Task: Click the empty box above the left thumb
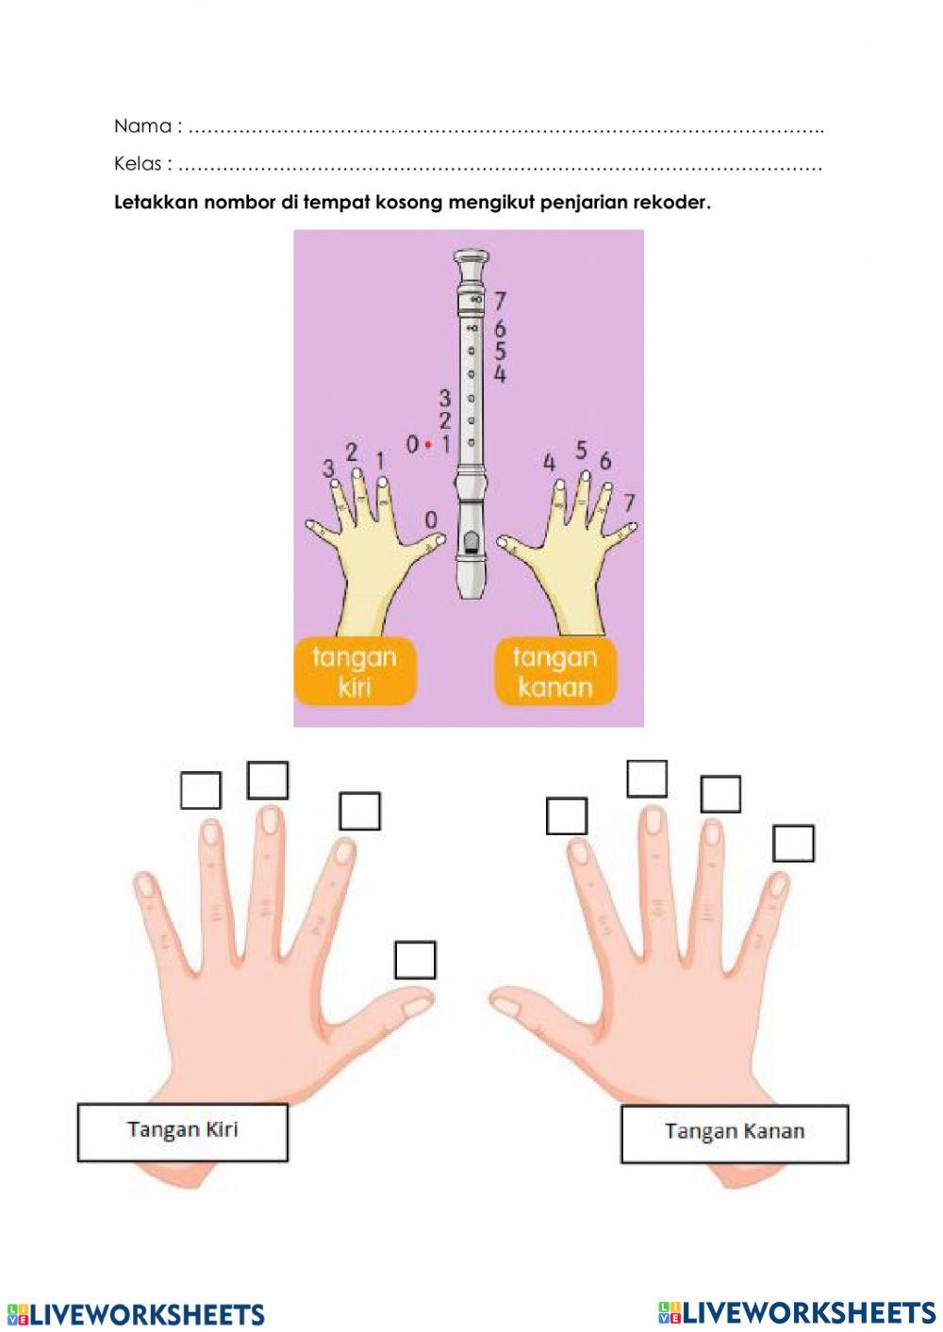click(x=415, y=960)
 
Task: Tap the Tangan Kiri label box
click(x=182, y=1131)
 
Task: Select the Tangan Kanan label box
click(x=734, y=1133)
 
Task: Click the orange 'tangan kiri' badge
click(x=355, y=671)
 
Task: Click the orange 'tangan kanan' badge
click(x=554, y=671)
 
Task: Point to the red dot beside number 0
click(x=428, y=444)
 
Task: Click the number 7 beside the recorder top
click(x=500, y=301)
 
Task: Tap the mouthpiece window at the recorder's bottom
click(x=469, y=541)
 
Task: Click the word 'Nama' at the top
click(x=142, y=126)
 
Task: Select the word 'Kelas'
click(x=138, y=164)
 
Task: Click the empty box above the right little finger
click(x=792, y=843)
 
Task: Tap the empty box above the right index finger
click(x=566, y=815)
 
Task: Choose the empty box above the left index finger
click(x=359, y=811)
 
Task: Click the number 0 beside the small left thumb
click(x=431, y=520)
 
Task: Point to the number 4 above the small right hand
click(x=550, y=462)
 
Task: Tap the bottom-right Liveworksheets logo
click(x=797, y=1311)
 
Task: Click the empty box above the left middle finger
click(x=267, y=780)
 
